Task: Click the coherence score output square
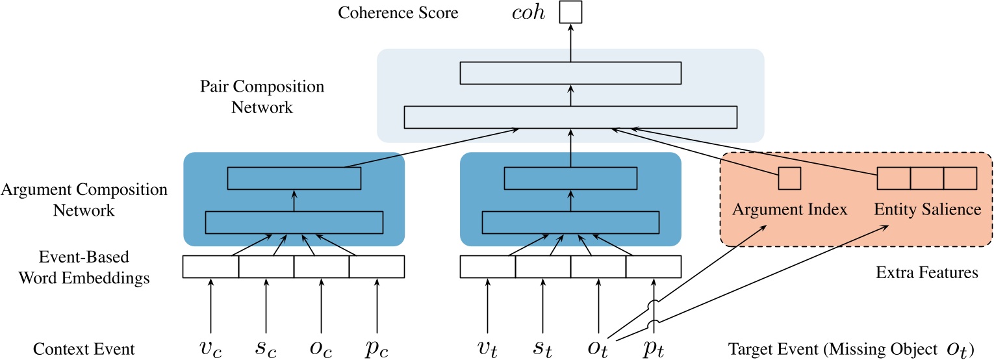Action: pyautogui.click(x=570, y=12)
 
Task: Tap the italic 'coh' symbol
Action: pyautogui.click(x=528, y=12)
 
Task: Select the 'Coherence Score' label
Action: pyautogui.click(x=398, y=12)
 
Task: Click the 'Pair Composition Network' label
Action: pyautogui.click(x=262, y=96)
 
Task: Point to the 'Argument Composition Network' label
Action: pyautogui.click(x=84, y=199)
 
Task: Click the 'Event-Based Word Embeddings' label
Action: pyautogui.click(x=84, y=267)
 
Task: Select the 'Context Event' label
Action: pyautogui.click(x=84, y=349)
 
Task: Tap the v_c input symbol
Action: pyautogui.click(x=210, y=348)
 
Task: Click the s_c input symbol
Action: pyautogui.click(x=266, y=348)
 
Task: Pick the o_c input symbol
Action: pyautogui.click(x=322, y=348)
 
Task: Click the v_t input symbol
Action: pyautogui.click(x=487, y=348)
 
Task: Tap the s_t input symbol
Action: pyautogui.click(x=542, y=348)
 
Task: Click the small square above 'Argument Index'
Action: pyautogui.click(x=789, y=179)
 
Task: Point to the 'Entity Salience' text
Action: pyautogui.click(x=928, y=209)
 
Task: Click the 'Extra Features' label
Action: pyautogui.click(x=927, y=272)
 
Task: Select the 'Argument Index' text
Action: pyautogui.click(x=790, y=209)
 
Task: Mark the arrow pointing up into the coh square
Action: pyautogui.click(x=570, y=43)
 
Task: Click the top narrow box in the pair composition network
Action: pyautogui.click(x=570, y=73)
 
